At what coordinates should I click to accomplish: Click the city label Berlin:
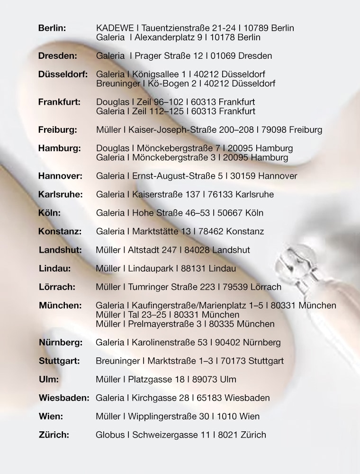pos(52,28)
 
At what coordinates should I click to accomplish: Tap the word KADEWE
pos(110,28)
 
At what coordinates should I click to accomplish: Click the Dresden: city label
pos(57,56)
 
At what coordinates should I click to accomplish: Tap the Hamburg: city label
pos(59,148)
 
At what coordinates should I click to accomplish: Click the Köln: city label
pos(49,213)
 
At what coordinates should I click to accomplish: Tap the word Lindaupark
pos(151,268)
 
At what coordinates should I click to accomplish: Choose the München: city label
pos(60,305)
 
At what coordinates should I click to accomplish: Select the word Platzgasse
pos(150,379)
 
